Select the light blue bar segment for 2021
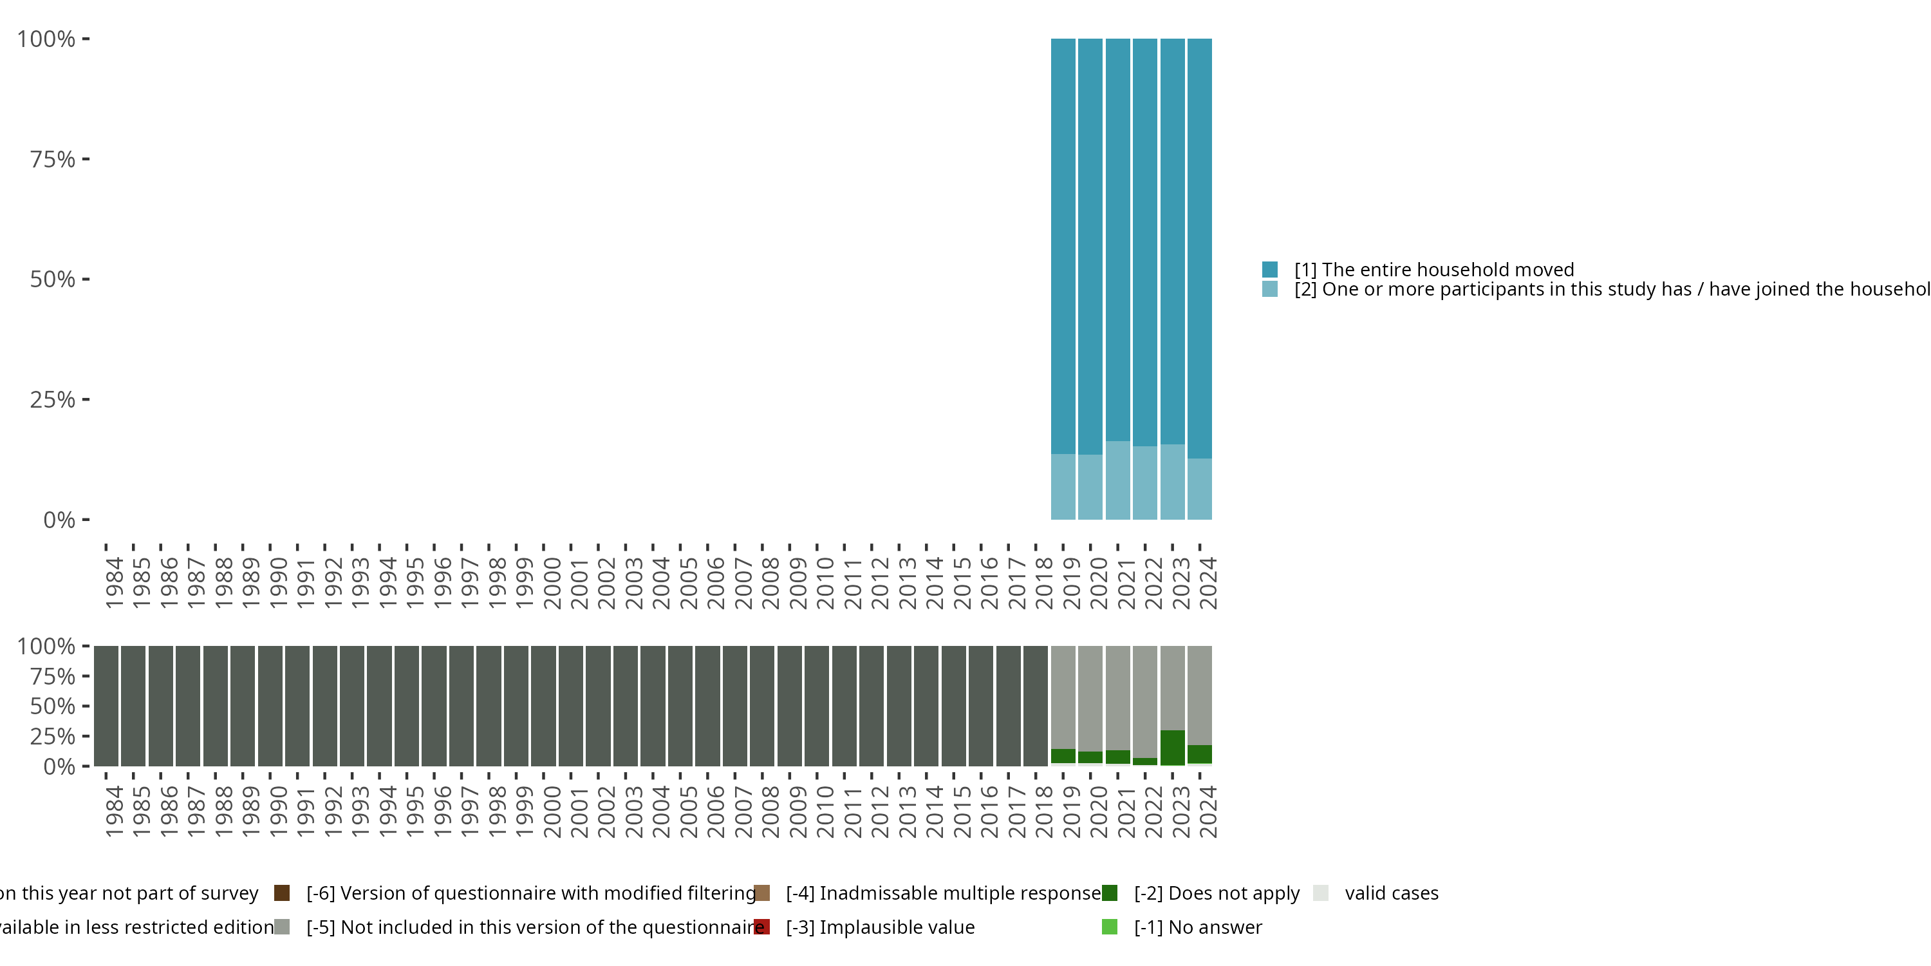coord(1117,480)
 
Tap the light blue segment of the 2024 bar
coord(1199,489)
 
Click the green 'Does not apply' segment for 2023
coord(1172,748)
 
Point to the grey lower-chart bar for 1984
coord(106,706)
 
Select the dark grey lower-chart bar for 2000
coord(543,706)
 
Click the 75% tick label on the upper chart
coord(53,159)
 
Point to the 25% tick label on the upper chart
coord(53,400)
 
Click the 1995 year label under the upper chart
coord(415,583)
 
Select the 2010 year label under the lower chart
coord(825,813)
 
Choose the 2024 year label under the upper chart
coord(1208,583)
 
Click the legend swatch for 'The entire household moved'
coord(1270,269)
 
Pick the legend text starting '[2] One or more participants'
coord(1604,290)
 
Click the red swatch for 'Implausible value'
coord(761,927)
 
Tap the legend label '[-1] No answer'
coord(1198,927)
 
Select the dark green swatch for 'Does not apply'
coord(1110,893)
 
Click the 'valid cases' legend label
coord(1391,893)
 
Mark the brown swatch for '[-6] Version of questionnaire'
coord(282,893)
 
